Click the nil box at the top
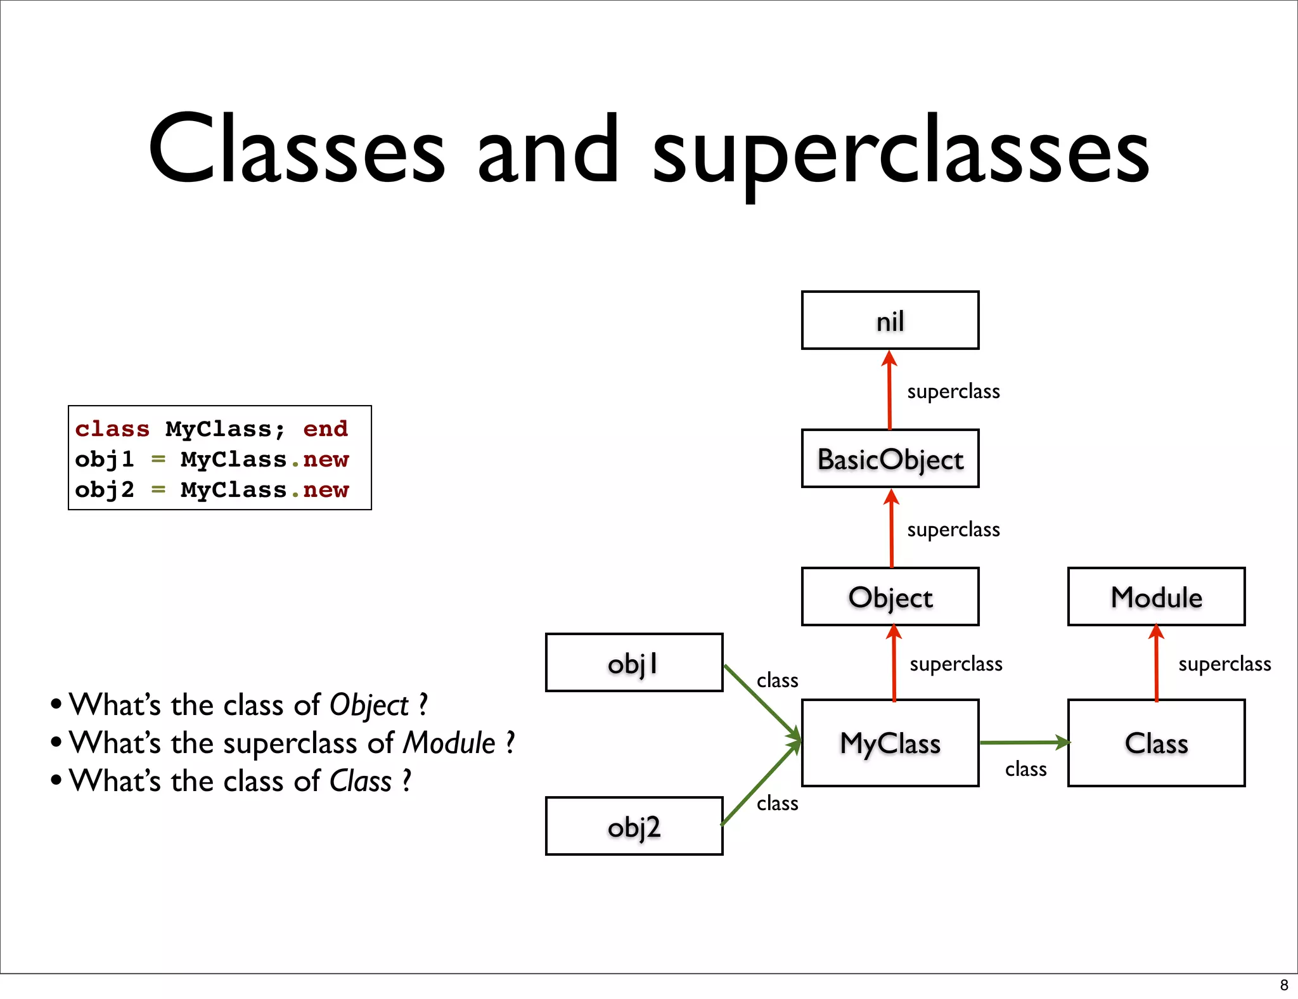tap(890, 321)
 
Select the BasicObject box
tap(890, 459)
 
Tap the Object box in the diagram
tap(890, 597)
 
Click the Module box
tap(1156, 597)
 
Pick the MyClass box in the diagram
tap(890, 743)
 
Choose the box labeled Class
tap(1156, 743)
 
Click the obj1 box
tap(634, 663)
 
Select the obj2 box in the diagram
tap(634, 827)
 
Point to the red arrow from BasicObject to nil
tap(890, 390)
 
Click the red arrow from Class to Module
tap(1156, 663)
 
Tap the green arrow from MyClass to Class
tap(1024, 742)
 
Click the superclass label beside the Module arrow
tap(1224, 664)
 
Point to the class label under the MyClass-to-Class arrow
tap(1025, 769)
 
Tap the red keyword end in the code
tap(325, 429)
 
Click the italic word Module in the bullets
tap(449, 743)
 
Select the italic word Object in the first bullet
tap(369, 706)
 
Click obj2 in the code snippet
tap(105, 490)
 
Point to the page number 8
tap(1284, 985)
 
